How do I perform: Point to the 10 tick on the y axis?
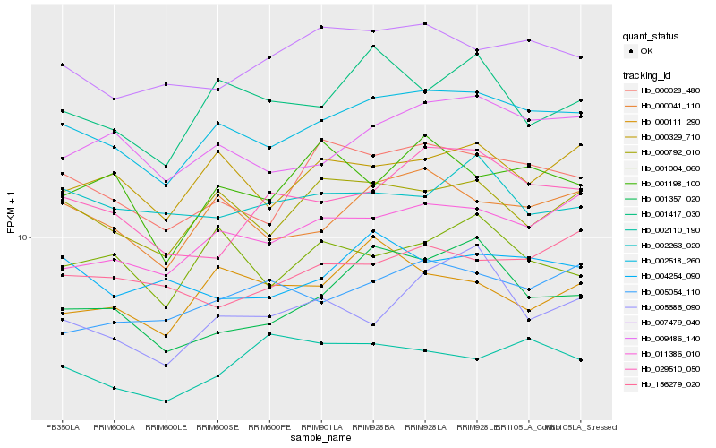pos(25,237)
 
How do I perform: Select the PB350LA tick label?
pos(63,426)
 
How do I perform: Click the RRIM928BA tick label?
pos(372,426)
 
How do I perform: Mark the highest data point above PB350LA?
pos(63,65)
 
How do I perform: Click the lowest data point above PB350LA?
pos(63,366)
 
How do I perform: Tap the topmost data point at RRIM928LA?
pos(424,24)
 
